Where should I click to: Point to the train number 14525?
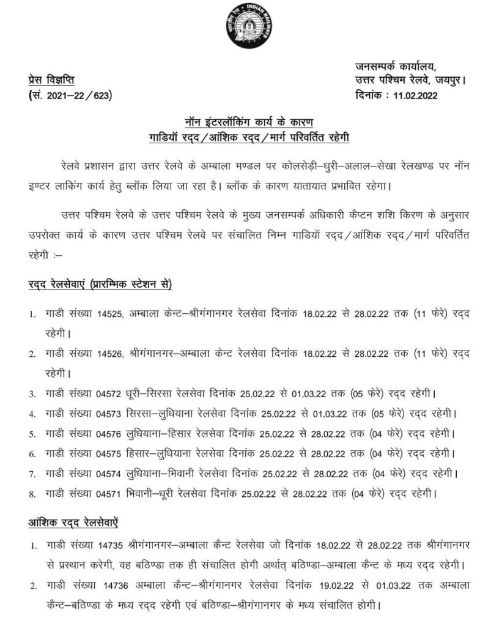point(110,314)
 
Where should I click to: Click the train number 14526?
point(110,353)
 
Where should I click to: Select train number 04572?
point(110,393)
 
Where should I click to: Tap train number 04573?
point(110,413)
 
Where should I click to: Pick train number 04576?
point(110,434)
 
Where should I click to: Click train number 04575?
point(110,454)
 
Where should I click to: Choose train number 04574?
point(110,474)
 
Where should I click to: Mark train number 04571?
point(110,494)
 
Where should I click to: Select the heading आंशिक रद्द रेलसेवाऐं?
point(73,523)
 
